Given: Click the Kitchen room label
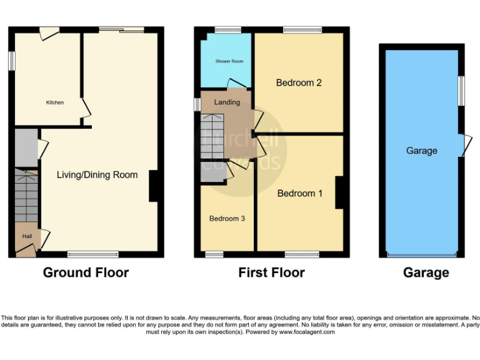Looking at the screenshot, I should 54,102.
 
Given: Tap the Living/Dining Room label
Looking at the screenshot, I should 97,175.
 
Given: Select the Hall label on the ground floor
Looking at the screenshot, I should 27,236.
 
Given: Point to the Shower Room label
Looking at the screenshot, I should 229,61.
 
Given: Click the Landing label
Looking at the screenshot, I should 227,102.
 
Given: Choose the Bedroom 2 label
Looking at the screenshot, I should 299,82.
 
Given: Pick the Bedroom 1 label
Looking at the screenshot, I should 300,193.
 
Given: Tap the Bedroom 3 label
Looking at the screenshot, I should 227,219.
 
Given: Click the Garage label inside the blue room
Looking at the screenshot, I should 421,151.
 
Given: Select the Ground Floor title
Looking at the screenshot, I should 86,272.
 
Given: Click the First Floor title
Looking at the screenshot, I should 271,272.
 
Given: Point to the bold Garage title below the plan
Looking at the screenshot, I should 426,272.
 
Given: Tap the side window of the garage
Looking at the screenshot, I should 461,91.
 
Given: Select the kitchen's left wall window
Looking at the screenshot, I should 11,61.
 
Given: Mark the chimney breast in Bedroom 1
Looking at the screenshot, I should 339,193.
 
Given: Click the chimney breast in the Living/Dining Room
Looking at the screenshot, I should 153,186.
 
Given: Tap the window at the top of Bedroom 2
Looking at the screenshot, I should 302,29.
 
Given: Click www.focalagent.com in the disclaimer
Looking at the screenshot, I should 306,332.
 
